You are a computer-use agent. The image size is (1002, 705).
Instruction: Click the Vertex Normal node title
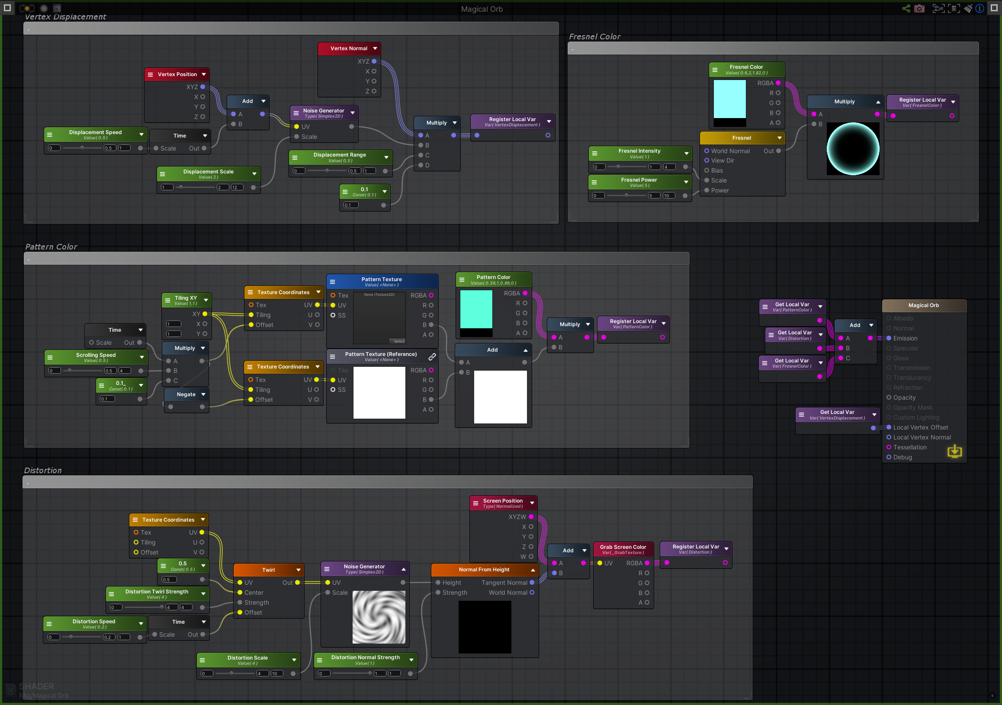click(x=348, y=48)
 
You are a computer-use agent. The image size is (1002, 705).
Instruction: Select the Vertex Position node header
click(x=177, y=74)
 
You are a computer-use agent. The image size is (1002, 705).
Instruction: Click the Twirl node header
click(x=268, y=570)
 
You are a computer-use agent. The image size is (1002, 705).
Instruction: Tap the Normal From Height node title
click(x=484, y=569)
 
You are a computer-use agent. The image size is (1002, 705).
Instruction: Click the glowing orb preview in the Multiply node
click(x=852, y=149)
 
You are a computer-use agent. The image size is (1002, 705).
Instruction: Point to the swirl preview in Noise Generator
click(x=379, y=617)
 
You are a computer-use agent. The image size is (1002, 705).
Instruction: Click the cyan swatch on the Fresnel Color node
click(x=729, y=99)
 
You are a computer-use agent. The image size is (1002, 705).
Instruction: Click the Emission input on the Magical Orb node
click(x=905, y=338)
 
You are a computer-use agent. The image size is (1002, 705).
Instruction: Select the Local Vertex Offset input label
click(x=920, y=427)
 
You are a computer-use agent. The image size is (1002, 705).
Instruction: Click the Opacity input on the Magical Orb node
click(x=904, y=397)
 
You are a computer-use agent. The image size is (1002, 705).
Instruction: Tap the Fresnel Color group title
click(x=594, y=37)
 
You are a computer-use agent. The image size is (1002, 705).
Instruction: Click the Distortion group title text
click(x=43, y=470)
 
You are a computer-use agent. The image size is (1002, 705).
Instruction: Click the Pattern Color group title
click(x=51, y=247)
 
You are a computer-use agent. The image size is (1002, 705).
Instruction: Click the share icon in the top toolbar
click(x=906, y=9)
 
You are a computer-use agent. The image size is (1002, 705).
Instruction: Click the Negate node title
click(x=186, y=394)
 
